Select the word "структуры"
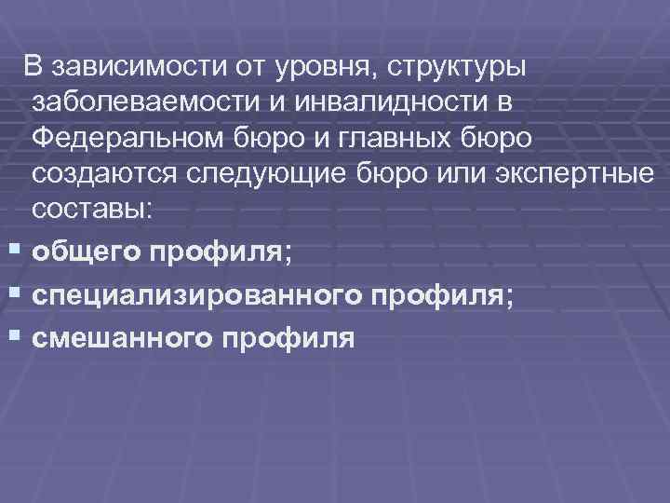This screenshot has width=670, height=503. [458, 66]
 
